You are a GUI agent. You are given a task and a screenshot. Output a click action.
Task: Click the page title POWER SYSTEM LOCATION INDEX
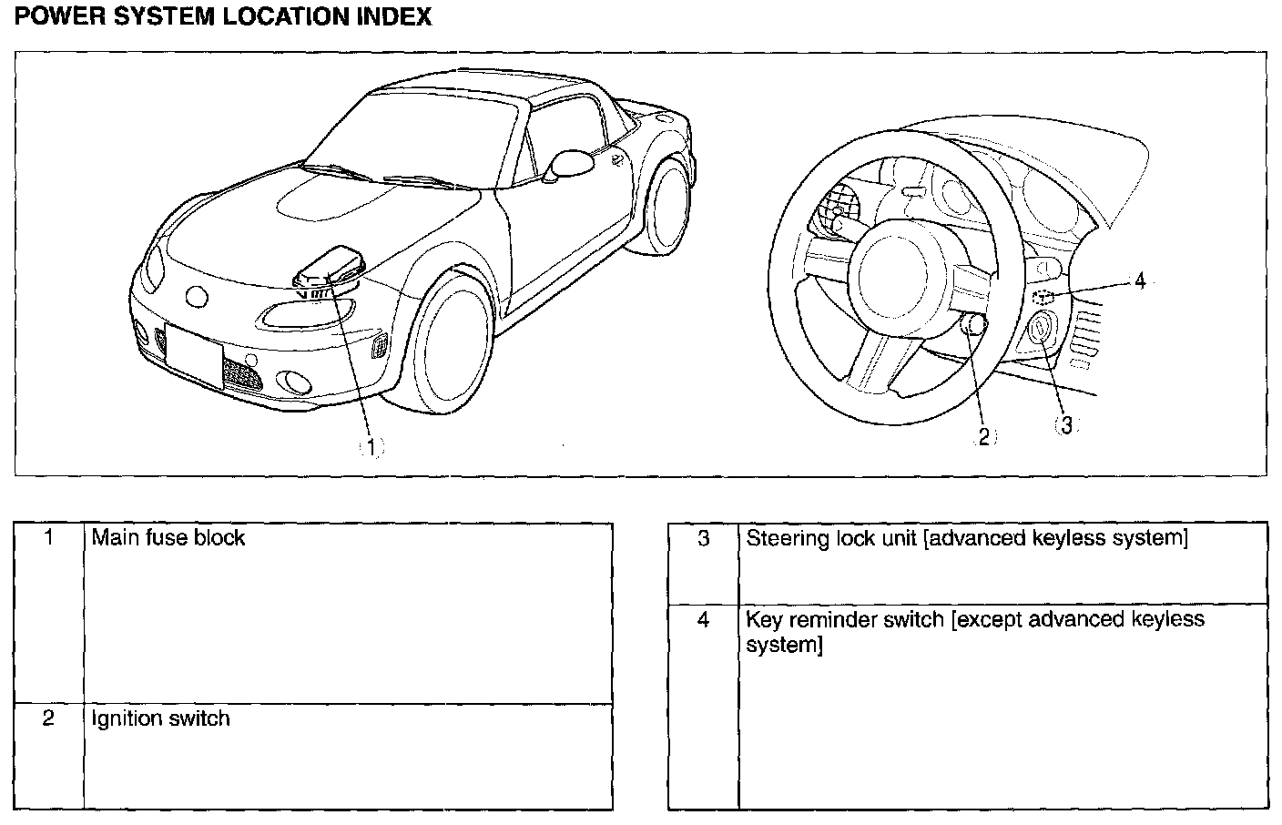pyautogui.click(x=223, y=16)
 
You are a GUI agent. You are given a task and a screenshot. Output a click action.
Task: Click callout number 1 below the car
pyautogui.click(x=371, y=446)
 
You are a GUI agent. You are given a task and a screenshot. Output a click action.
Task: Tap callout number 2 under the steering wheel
pyautogui.click(x=983, y=437)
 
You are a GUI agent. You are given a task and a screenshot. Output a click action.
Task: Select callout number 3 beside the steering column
pyautogui.click(x=1066, y=425)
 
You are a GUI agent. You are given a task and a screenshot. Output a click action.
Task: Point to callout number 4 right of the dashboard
pyautogui.click(x=1140, y=281)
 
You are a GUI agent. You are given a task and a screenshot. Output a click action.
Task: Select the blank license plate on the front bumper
pyautogui.click(x=194, y=355)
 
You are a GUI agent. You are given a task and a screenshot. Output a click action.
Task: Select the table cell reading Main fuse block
pyautogui.click(x=168, y=537)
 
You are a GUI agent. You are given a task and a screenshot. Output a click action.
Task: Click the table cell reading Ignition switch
pyautogui.click(x=161, y=718)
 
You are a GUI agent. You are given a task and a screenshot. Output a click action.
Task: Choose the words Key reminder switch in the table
pyautogui.click(x=845, y=620)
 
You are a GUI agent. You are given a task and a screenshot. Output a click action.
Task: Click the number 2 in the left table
pyautogui.click(x=49, y=718)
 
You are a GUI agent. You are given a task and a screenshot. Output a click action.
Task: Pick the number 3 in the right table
pyautogui.click(x=703, y=538)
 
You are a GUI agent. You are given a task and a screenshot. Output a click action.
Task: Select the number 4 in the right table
pyautogui.click(x=703, y=620)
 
